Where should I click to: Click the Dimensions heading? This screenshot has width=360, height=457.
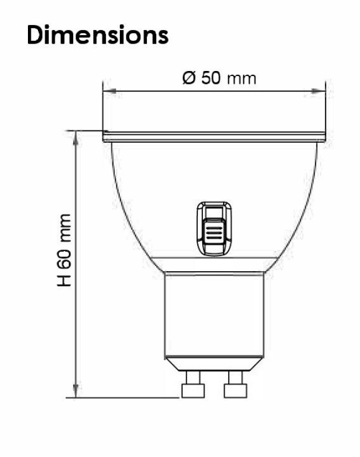tap(98, 34)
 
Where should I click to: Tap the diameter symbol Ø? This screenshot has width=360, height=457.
tap(189, 77)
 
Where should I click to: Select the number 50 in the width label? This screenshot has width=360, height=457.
tap(212, 77)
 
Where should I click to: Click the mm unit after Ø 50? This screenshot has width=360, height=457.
tap(242, 77)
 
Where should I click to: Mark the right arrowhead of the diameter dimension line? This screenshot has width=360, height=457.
tap(321, 91)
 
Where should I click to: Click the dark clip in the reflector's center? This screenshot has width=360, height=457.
tap(214, 228)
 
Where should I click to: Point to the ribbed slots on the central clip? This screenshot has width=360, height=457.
tap(214, 234)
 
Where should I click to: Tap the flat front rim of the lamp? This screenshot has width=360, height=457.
tap(214, 136)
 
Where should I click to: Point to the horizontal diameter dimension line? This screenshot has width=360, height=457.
tap(158, 91)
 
